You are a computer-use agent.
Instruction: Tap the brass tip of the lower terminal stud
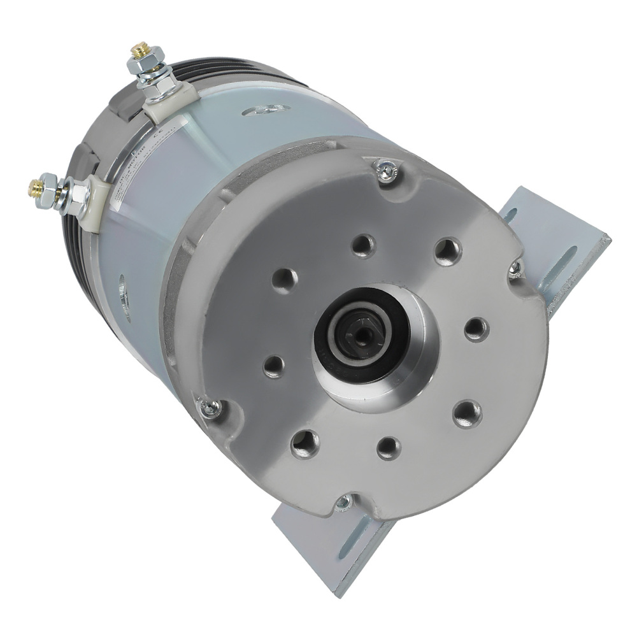coord(34,187)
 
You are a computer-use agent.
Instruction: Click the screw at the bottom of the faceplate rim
coord(343,503)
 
